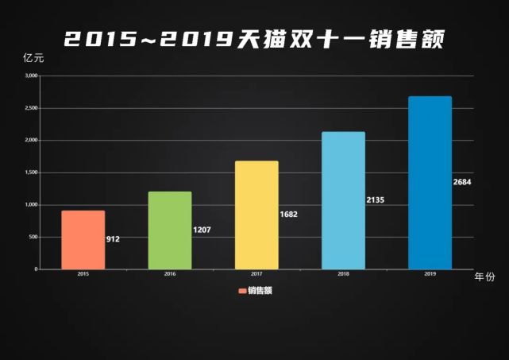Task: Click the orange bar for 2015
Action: [83, 240]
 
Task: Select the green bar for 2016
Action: [170, 230]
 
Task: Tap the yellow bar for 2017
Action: [256, 215]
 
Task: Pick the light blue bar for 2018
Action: [343, 200]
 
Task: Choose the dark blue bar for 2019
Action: [430, 183]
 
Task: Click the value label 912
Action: [113, 238]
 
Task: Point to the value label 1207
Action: [202, 230]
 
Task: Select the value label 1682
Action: [289, 215]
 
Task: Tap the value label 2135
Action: [376, 199]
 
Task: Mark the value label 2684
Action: [463, 182]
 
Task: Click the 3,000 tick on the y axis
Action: [31, 76]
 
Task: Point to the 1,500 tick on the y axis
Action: [31, 172]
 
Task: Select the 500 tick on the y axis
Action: [33, 237]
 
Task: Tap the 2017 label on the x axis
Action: [256, 274]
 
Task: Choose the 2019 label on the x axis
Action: [430, 274]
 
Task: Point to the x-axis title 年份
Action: [484, 277]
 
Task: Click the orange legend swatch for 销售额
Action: [242, 291]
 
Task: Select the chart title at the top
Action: [254, 37]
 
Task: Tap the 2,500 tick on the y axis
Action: [31, 108]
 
